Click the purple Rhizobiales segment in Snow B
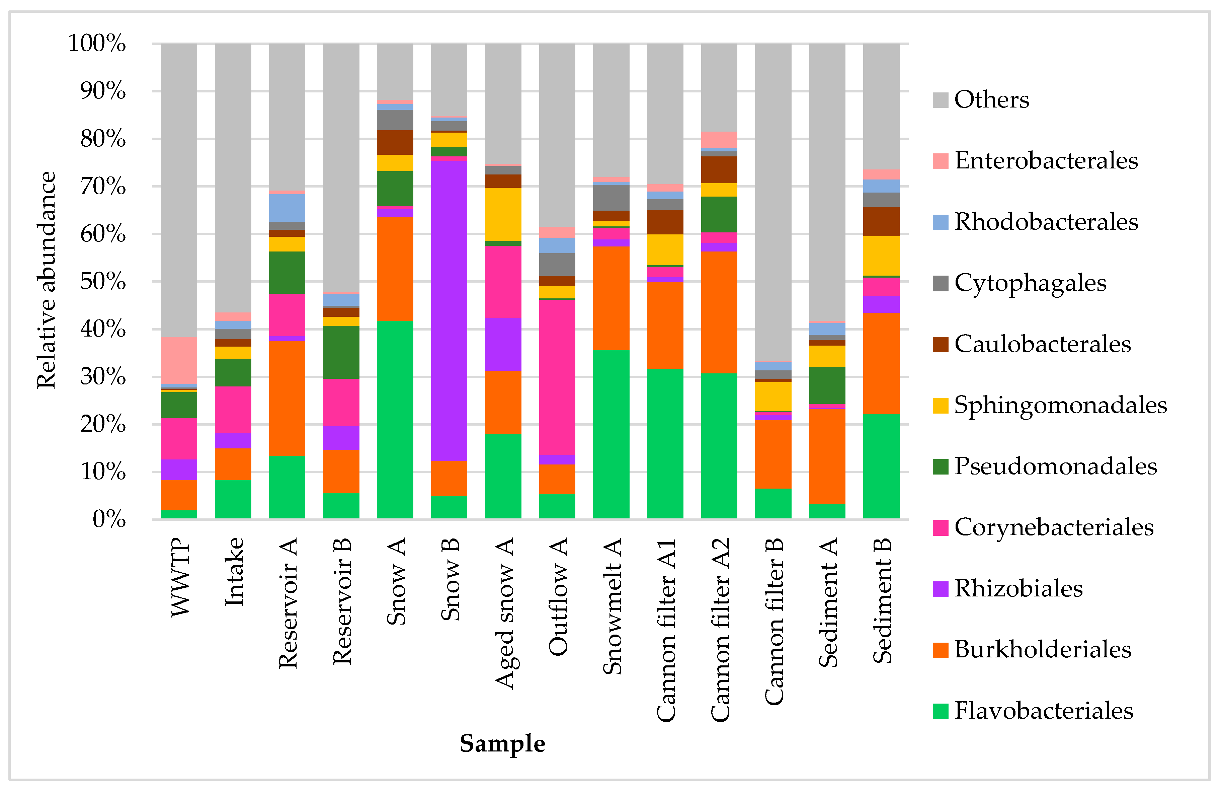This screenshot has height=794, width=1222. click(x=449, y=311)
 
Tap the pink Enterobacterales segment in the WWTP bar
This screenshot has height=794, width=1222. click(x=179, y=360)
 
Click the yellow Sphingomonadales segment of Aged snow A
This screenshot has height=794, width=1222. click(x=503, y=214)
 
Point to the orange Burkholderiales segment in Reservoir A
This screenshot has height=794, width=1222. click(x=287, y=398)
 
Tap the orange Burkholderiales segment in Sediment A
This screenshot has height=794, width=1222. click(x=827, y=456)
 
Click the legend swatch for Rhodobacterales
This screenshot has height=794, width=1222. click(x=940, y=222)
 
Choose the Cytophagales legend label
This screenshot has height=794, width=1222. click(x=1030, y=283)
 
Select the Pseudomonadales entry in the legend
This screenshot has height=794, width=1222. click(x=1055, y=466)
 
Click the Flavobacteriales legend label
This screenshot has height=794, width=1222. click(x=1043, y=711)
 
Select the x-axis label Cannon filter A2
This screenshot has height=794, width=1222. click(x=720, y=630)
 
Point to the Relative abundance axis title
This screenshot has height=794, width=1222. click(x=46, y=280)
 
